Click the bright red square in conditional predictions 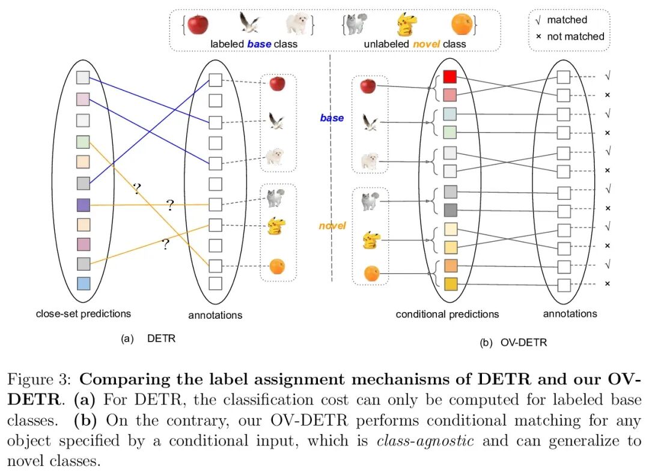(x=450, y=77)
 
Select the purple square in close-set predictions (x=84, y=205)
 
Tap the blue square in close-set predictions (x=84, y=284)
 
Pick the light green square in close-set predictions (x=84, y=142)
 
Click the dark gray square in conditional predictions (x=450, y=210)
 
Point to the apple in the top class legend (x=198, y=25)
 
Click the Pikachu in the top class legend (x=407, y=25)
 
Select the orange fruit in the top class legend (x=462, y=25)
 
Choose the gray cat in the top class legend (x=356, y=25)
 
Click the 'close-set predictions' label (x=84, y=313)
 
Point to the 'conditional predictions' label (x=447, y=314)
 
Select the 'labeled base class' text (x=254, y=44)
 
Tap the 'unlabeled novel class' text (x=415, y=44)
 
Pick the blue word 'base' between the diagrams (x=332, y=118)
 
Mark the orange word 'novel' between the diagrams (x=332, y=226)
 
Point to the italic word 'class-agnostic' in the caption (x=425, y=441)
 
